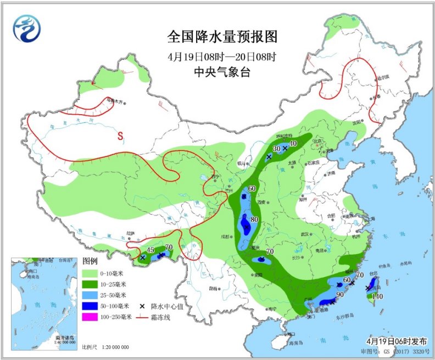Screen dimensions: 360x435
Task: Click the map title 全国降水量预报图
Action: point(222,37)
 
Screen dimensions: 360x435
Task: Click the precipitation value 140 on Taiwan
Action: point(377,297)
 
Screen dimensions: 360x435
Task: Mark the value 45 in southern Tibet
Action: point(150,250)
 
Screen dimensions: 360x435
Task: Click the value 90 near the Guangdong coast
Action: point(340,295)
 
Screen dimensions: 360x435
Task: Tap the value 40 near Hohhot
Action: point(293,144)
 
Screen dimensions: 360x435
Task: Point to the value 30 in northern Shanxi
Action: point(277,149)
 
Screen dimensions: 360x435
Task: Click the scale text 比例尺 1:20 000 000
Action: point(105,347)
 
